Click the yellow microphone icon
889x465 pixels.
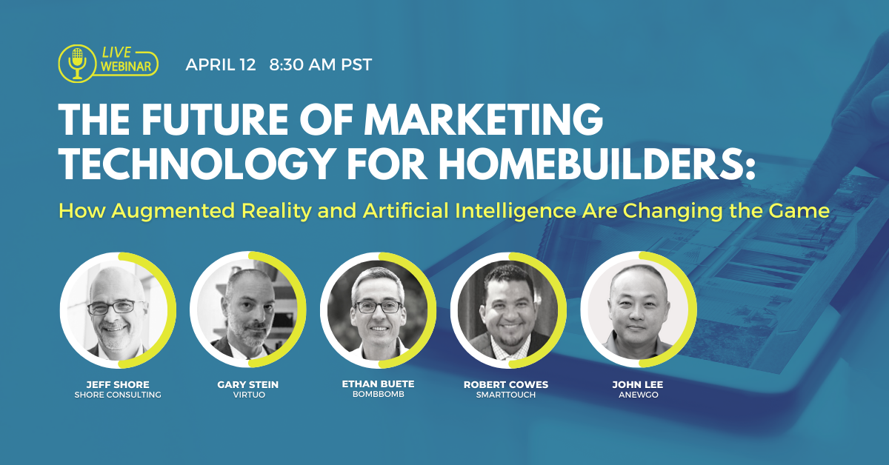tap(77, 64)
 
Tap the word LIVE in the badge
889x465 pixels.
tap(116, 53)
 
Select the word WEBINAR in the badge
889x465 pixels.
tap(126, 66)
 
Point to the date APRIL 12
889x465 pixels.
tap(221, 64)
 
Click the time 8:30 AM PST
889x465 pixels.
tap(321, 64)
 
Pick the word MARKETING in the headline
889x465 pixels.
tap(483, 119)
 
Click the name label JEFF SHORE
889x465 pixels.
tap(118, 384)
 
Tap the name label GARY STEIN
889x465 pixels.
tap(248, 384)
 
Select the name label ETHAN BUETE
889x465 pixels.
tap(379, 384)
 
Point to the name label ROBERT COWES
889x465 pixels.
tap(506, 384)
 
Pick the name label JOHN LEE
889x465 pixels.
tap(638, 384)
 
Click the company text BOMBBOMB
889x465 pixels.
tap(379, 394)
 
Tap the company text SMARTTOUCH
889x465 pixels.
tap(506, 395)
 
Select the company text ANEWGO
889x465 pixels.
tap(638, 395)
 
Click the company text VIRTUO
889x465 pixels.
tap(249, 395)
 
